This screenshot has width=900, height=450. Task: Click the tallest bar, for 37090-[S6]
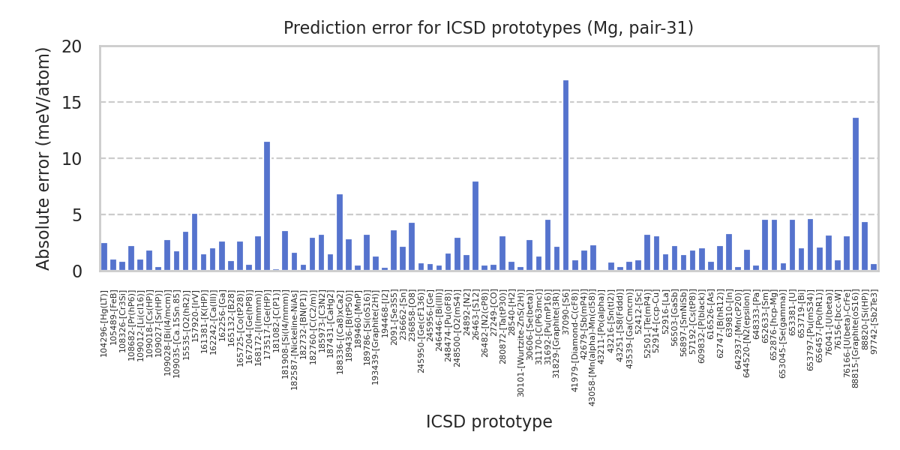point(565,175)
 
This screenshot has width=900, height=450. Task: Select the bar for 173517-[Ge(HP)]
point(267,206)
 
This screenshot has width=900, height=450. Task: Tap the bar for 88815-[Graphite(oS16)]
point(856,194)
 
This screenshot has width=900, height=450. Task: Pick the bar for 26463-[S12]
point(475,226)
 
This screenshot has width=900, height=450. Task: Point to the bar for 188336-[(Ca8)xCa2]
point(340,232)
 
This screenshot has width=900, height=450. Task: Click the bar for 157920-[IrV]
point(195,242)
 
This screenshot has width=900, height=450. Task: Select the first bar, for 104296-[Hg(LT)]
point(104,257)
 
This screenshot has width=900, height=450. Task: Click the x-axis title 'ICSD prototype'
point(489,422)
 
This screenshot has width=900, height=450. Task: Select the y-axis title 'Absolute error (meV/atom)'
point(44,158)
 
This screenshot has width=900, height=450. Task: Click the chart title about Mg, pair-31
point(488,28)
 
